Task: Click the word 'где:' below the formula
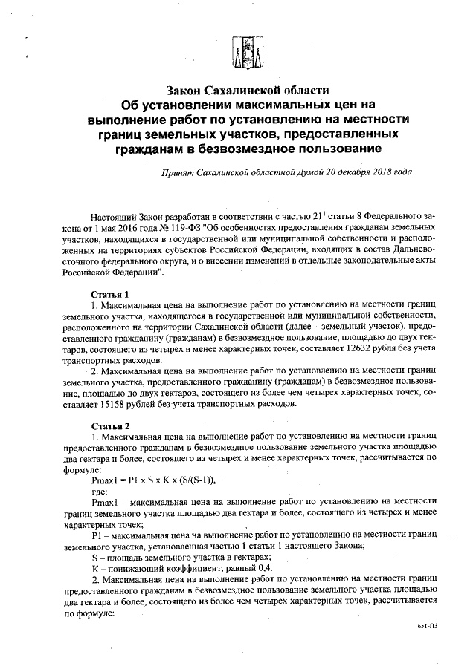click(x=100, y=492)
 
